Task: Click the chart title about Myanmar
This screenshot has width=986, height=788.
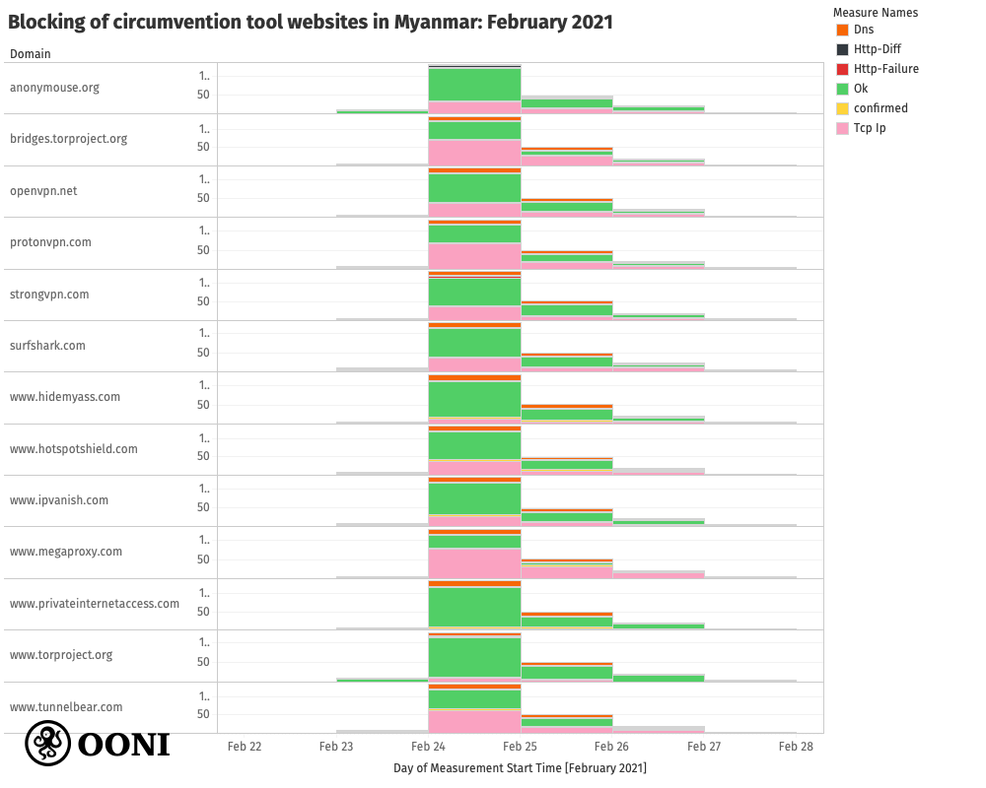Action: (311, 22)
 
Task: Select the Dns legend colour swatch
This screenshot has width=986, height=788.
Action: (841, 30)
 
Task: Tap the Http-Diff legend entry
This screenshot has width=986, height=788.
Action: (877, 49)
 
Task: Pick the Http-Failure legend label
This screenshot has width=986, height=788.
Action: (885, 69)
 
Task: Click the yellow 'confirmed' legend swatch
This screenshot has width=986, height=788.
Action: (841, 108)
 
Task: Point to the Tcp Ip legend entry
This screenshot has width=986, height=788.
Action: (869, 128)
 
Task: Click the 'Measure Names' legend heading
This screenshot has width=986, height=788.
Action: (875, 13)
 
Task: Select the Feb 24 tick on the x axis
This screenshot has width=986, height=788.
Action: (428, 747)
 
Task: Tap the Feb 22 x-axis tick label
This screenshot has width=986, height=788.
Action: (245, 747)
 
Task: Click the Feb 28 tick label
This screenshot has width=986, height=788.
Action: (796, 747)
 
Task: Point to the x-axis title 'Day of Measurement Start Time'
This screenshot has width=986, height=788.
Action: (520, 767)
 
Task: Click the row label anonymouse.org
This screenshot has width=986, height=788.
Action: (54, 88)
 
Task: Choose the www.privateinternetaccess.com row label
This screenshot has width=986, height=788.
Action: (95, 603)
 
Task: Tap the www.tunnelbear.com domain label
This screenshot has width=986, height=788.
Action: (66, 707)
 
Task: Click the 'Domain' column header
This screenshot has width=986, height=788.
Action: (31, 54)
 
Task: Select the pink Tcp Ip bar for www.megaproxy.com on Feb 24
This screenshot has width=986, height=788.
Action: (474, 563)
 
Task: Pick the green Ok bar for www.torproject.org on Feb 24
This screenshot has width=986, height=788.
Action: (474, 657)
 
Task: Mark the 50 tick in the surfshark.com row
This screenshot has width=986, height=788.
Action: (204, 353)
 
